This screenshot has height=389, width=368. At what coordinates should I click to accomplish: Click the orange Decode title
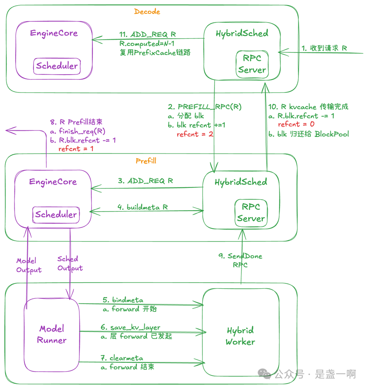coord(147,12)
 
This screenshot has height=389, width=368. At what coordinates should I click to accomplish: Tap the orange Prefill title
coord(146,161)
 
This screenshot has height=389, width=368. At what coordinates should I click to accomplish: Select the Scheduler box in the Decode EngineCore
coord(57,66)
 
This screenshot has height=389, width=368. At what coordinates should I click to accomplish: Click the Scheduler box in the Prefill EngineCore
coord(56,215)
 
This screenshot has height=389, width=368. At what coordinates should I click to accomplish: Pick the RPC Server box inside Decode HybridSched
coord(252,65)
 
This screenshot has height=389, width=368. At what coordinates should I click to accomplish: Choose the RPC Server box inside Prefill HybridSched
coord(251,213)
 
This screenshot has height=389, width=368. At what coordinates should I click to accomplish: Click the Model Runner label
coord(51,334)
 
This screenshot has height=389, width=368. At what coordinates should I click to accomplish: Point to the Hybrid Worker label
coord(240,336)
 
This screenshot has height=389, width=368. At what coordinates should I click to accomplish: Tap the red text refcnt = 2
coord(195,134)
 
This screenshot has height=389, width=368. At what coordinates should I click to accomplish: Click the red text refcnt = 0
coord(296,124)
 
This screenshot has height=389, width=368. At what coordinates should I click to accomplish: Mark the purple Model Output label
coord(29,265)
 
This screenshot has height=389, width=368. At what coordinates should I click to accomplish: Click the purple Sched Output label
coord(70,263)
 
